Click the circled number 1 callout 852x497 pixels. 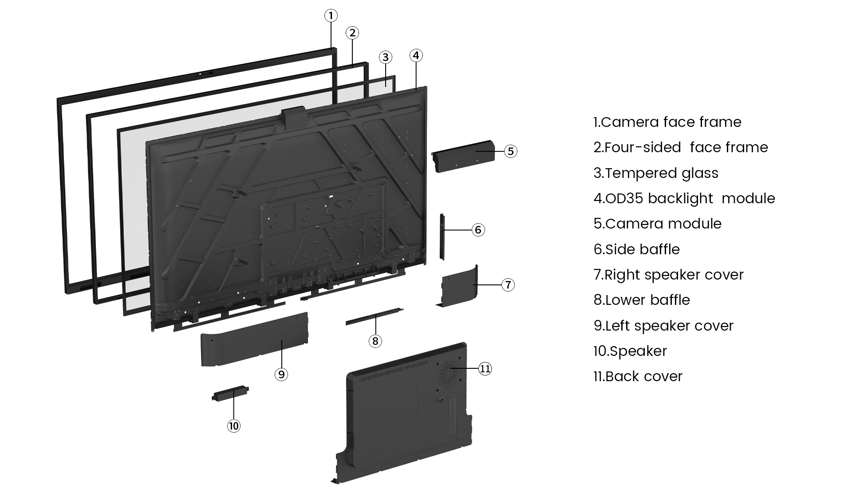pyautogui.click(x=331, y=16)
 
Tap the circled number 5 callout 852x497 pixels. pyautogui.click(x=511, y=151)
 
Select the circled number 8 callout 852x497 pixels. pyautogui.click(x=375, y=341)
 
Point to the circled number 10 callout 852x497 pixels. pyautogui.click(x=233, y=426)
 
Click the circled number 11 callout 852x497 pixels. pyautogui.click(x=485, y=369)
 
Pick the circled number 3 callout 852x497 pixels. pyautogui.click(x=385, y=57)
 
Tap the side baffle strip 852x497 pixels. pyautogui.click(x=442, y=237)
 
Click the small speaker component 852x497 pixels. pyautogui.click(x=230, y=393)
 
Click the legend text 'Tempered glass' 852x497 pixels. pyautogui.click(x=656, y=173)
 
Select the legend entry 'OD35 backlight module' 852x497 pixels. pyautogui.click(x=684, y=198)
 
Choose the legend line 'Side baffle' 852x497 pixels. pyautogui.click(x=636, y=249)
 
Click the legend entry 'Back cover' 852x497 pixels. pyautogui.click(x=638, y=376)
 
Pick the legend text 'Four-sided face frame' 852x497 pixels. pyautogui.click(x=681, y=147)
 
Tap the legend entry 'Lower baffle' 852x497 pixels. pyautogui.click(x=642, y=300)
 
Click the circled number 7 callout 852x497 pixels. pyautogui.click(x=508, y=284)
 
